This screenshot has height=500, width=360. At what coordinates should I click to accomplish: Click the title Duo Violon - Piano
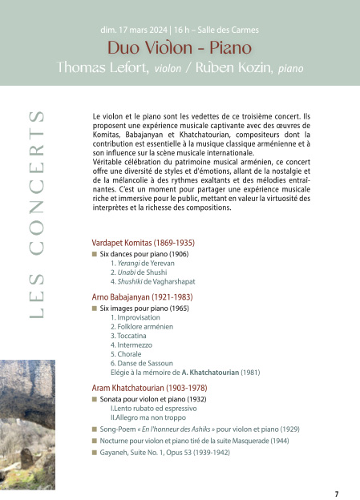(x=180, y=47)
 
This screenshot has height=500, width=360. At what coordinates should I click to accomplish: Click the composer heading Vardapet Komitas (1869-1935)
(x=144, y=242)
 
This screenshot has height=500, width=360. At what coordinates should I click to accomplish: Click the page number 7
(x=337, y=493)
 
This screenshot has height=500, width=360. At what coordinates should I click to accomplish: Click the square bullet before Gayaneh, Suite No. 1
(x=95, y=453)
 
